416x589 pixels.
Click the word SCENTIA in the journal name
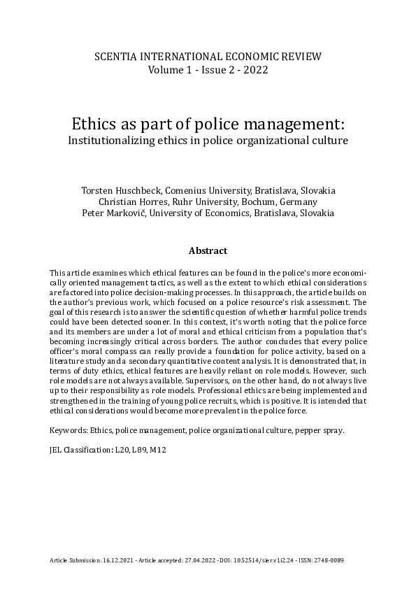(115, 57)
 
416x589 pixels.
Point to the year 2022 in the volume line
(254, 70)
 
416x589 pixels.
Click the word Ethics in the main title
(96, 124)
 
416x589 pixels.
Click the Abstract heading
(208, 250)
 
